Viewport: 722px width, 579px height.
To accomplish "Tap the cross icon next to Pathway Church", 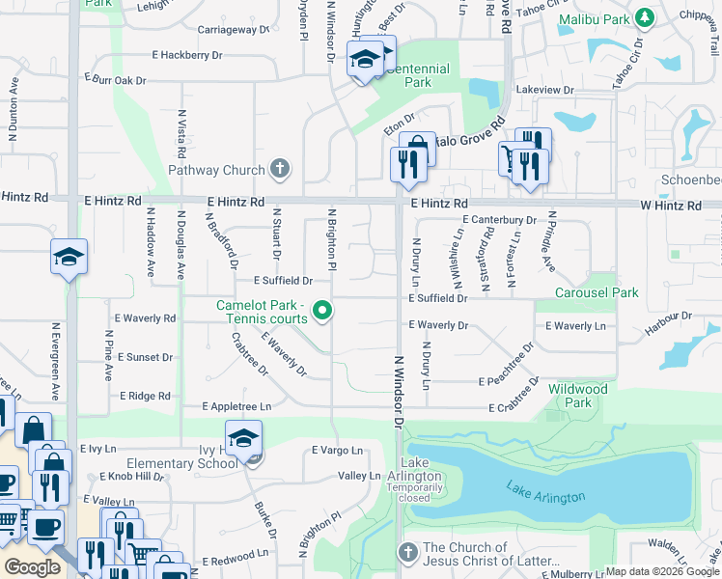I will (280, 171).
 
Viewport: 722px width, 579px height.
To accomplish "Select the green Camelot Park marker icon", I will (324, 311).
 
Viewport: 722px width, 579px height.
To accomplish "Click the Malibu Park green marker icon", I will (646, 17).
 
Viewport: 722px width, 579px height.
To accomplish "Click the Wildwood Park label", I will (578, 396).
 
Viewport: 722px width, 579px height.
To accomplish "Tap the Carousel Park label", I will (597, 292).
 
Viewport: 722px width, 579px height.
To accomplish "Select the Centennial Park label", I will (417, 76).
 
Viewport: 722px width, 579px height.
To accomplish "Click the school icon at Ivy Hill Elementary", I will (244, 436).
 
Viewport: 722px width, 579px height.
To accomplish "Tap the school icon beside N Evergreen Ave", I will (69, 257).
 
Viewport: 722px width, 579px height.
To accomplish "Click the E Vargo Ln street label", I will (337, 451).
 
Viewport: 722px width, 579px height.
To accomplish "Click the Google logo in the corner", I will (33, 567).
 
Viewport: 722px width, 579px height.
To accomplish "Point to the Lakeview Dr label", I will (545, 90).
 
